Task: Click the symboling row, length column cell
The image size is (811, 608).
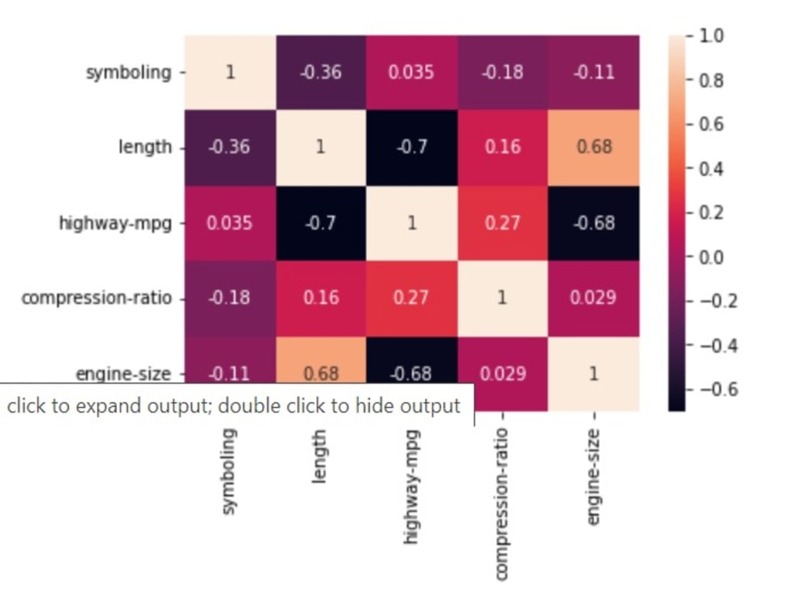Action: tap(321, 72)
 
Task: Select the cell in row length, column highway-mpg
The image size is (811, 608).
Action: tap(412, 148)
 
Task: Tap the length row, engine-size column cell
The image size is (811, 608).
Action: tap(594, 148)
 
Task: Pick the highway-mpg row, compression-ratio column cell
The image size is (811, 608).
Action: tap(503, 224)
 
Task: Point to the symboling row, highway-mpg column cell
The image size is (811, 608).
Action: tap(412, 72)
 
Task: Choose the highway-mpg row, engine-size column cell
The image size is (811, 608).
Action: tap(594, 224)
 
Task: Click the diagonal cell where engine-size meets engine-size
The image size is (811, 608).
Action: tap(594, 374)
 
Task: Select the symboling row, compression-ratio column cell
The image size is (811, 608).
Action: tap(503, 72)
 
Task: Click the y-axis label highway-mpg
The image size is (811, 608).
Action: tap(115, 224)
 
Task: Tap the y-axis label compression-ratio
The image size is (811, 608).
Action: tap(97, 298)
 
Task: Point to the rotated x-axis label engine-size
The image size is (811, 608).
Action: tap(594, 477)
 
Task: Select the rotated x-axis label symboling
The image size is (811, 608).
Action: tap(230, 472)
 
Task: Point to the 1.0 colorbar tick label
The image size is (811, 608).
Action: tap(711, 36)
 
